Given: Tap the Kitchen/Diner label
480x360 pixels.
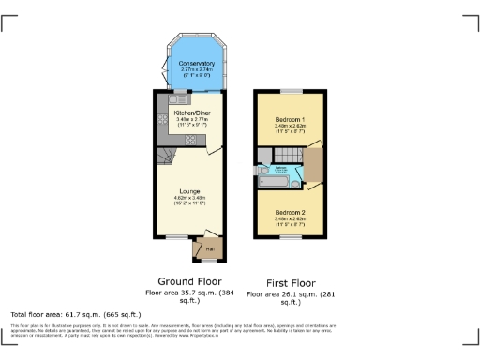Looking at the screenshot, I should click(x=190, y=112).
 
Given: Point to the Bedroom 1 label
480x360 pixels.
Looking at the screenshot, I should click(x=291, y=121).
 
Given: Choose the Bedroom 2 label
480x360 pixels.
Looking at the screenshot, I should click(x=291, y=214).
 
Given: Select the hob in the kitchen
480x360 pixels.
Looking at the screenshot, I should click(x=189, y=140).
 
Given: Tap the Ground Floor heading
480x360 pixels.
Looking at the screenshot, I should click(x=190, y=281).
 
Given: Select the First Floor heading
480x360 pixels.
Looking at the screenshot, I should click(x=291, y=281).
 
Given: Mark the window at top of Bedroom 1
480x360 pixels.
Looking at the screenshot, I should click(x=291, y=91).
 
